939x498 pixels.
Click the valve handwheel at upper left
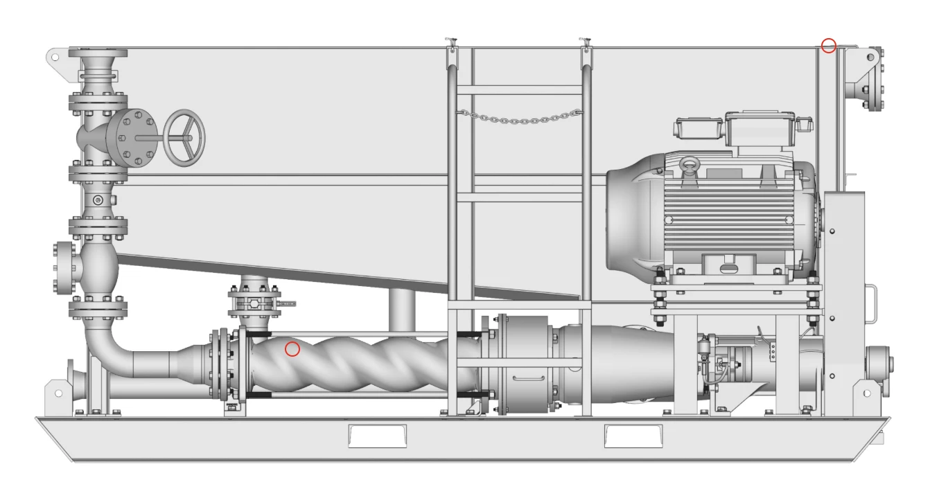[x=184, y=137]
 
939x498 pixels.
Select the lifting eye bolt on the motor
[x=689, y=166]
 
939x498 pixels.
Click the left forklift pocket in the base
[x=377, y=436]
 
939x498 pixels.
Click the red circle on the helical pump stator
[x=292, y=349]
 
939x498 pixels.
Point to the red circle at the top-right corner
[x=829, y=46]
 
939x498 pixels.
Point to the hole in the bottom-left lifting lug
[x=58, y=393]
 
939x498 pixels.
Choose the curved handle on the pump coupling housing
[x=528, y=378]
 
